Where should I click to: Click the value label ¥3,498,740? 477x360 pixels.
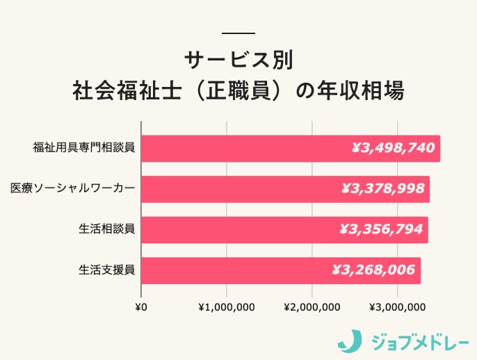pos(393,148)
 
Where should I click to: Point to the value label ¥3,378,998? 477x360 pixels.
pos(383,188)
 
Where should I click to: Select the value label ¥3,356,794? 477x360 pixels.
pos(381,229)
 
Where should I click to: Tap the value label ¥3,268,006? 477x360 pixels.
pos(374,270)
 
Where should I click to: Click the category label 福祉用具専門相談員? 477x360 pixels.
pos(83,148)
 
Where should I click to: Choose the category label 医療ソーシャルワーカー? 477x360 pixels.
pos(72,188)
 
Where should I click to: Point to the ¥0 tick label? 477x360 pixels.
pos(140,307)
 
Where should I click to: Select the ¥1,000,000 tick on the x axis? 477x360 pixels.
pos(227,307)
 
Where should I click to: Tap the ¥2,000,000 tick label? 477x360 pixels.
pos(312,307)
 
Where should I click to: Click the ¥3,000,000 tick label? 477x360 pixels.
pos(398,307)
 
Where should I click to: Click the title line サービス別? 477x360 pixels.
pos(239,60)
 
